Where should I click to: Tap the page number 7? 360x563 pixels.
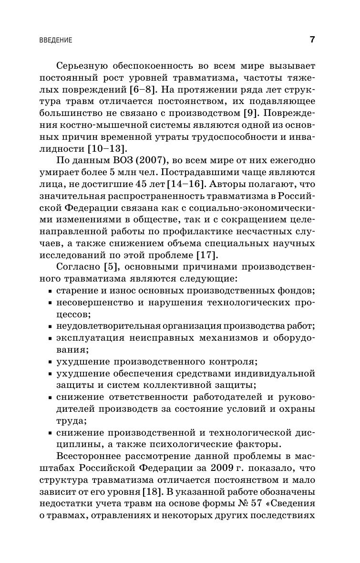click(312, 40)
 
